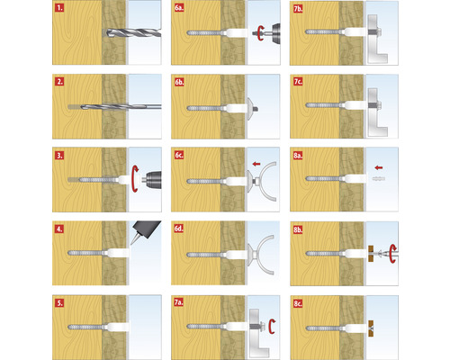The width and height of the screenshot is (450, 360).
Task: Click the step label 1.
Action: (59, 8)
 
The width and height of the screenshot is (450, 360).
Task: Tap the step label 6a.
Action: (179, 8)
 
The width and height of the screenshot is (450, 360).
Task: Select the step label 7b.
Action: (298, 9)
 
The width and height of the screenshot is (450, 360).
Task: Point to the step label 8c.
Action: (298, 303)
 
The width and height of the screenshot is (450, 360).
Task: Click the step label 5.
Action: (59, 303)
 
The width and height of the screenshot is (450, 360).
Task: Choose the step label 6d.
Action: (179, 229)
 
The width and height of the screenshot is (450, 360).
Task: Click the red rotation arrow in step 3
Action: (135, 178)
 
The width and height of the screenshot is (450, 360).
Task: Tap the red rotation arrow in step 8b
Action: (393, 254)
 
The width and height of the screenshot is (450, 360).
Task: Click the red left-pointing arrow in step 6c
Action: (256, 164)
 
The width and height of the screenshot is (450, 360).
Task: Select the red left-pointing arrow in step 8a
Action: (379, 167)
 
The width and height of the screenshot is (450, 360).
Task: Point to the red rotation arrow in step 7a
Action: (272, 327)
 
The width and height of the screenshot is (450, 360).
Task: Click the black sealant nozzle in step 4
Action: (145, 231)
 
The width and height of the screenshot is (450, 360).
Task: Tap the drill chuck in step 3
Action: (153, 180)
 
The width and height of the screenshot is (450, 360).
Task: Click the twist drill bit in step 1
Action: (134, 32)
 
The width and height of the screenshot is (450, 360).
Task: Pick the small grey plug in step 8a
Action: (379, 179)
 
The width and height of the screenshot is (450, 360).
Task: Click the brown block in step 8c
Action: (372, 328)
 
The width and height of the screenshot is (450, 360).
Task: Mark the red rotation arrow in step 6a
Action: (260, 32)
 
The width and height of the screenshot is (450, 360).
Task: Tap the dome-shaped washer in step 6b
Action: (251, 108)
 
